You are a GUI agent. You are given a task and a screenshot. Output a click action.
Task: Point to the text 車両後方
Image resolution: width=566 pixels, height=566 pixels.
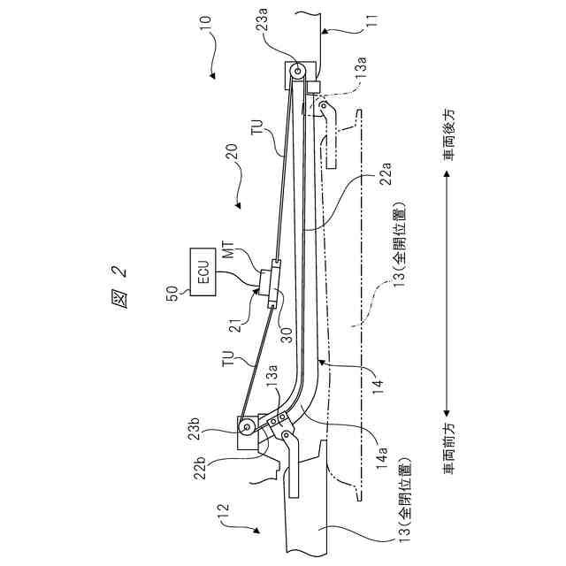450,132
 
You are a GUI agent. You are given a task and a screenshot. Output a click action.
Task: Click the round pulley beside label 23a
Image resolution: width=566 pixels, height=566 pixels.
297,73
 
